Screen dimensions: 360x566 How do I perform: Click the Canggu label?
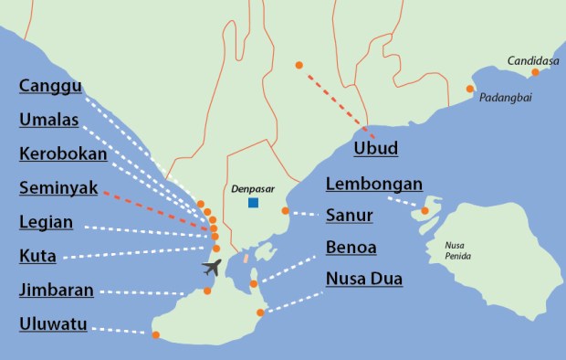tap(50, 87)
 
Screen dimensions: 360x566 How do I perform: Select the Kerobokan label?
tap(63, 154)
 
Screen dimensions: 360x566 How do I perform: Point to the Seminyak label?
tap(58, 188)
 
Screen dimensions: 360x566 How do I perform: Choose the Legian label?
tap(46, 222)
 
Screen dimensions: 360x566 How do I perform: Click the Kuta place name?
tap(37, 256)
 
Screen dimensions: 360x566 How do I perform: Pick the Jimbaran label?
tap(56, 291)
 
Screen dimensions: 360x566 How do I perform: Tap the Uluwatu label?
tap(53, 324)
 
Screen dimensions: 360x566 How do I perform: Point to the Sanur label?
tap(349, 216)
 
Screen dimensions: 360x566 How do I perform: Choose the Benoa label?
tap(351, 248)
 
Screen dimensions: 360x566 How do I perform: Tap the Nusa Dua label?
tap(364, 280)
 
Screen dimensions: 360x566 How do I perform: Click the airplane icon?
tap(212, 267)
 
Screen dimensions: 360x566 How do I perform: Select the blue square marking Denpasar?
tap(253, 203)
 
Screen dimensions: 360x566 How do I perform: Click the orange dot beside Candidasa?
tap(536, 72)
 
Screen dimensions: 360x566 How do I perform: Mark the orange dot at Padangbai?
tap(470, 89)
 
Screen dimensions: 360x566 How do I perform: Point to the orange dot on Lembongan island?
tap(424, 211)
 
